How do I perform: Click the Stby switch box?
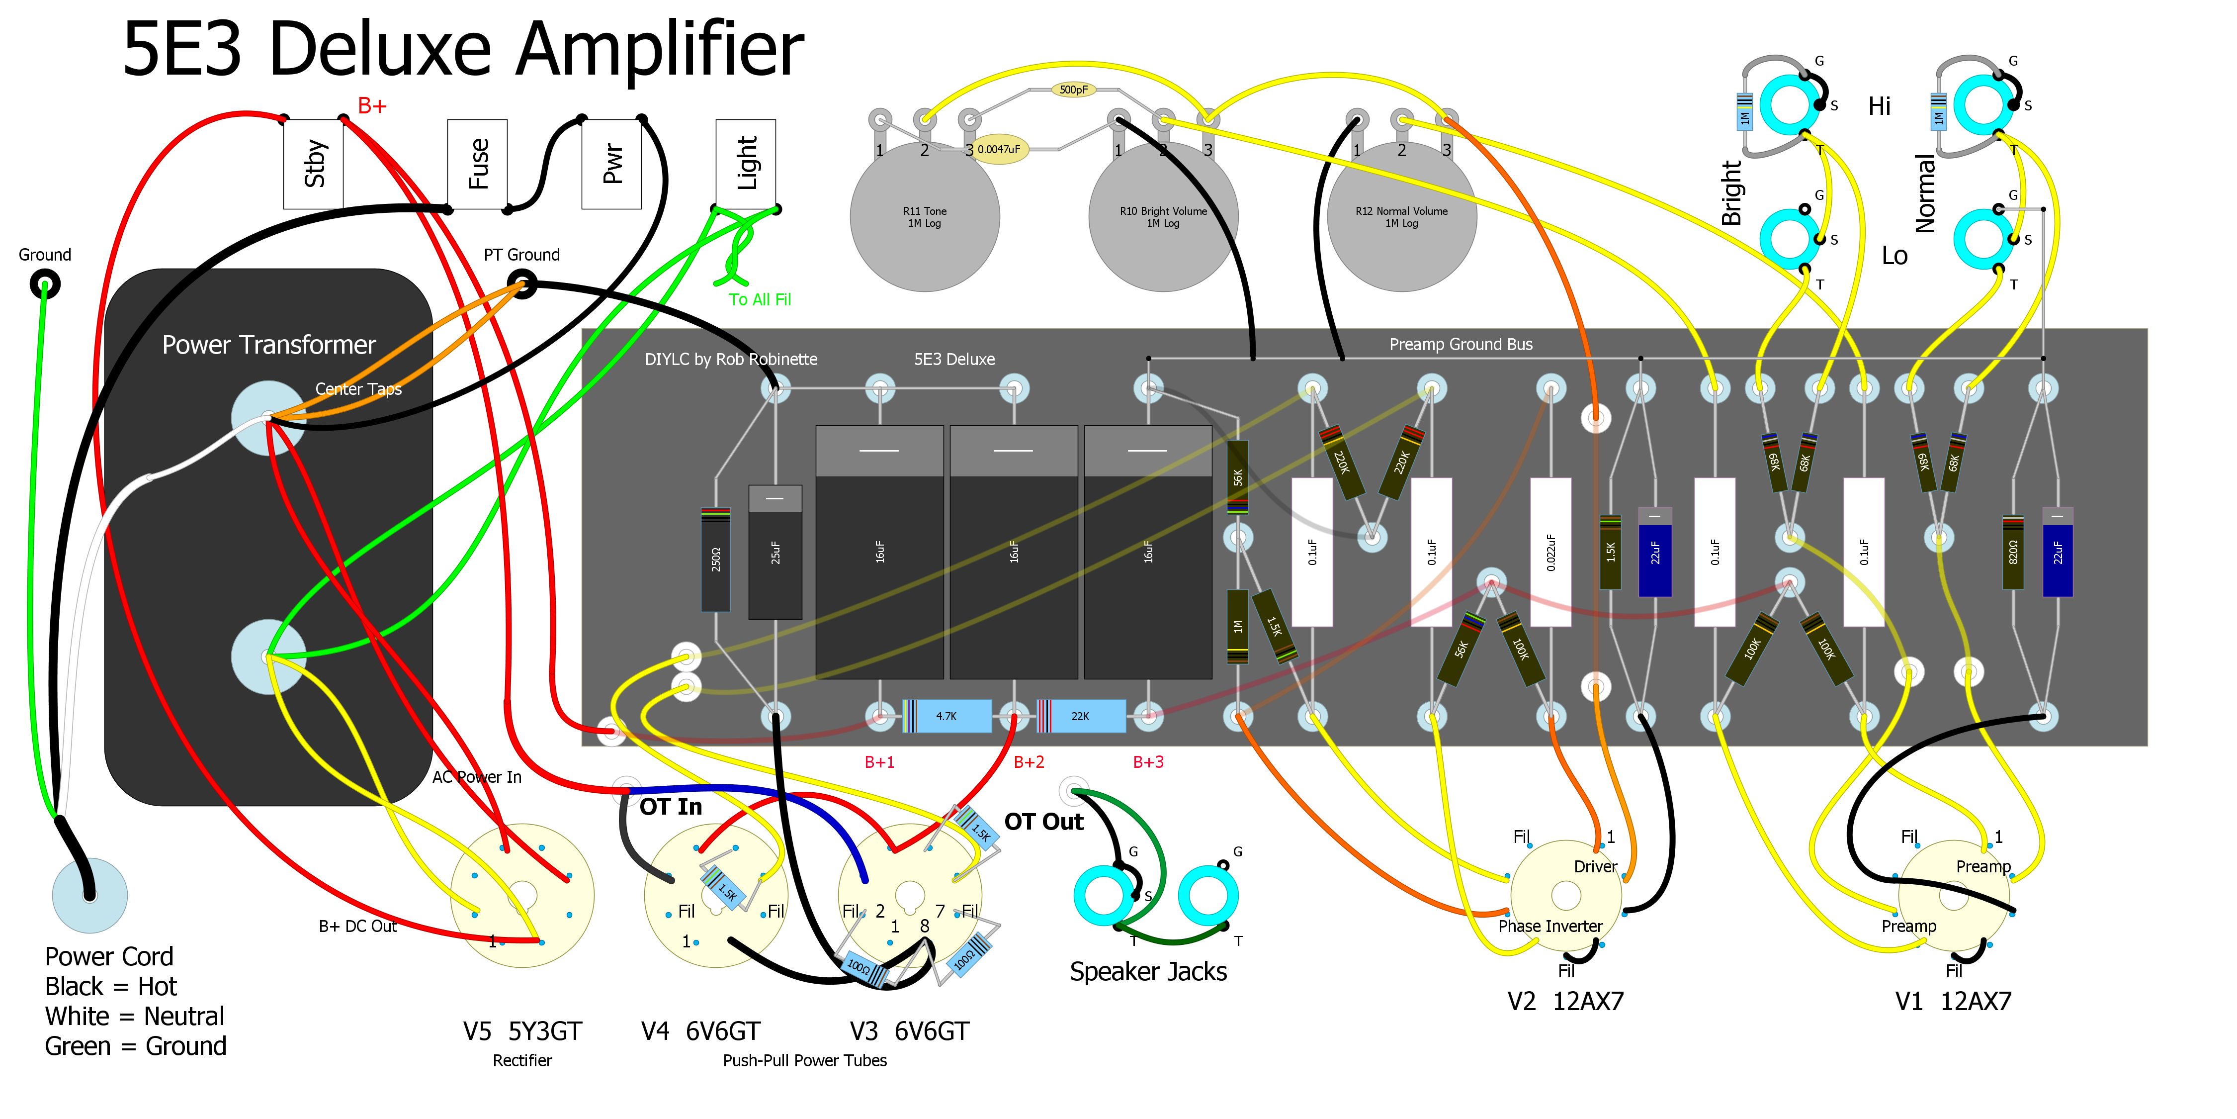point(314,164)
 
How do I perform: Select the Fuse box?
point(478,164)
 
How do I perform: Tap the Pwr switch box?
point(611,164)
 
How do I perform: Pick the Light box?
point(746,164)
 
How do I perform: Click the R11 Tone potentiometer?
point(925,217)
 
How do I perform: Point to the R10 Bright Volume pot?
point(1164,217)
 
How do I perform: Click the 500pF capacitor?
point(1073,90)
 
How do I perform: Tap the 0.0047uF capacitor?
point(999,149)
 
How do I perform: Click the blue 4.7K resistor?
point(946,716)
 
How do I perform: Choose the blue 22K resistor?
point(1081,716)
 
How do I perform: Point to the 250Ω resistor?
point(715,559)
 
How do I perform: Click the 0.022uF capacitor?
point(1551,552)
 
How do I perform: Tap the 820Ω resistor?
point(2013,552)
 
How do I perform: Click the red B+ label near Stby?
point(372,106)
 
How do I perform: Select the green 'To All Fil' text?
point(760,300)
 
